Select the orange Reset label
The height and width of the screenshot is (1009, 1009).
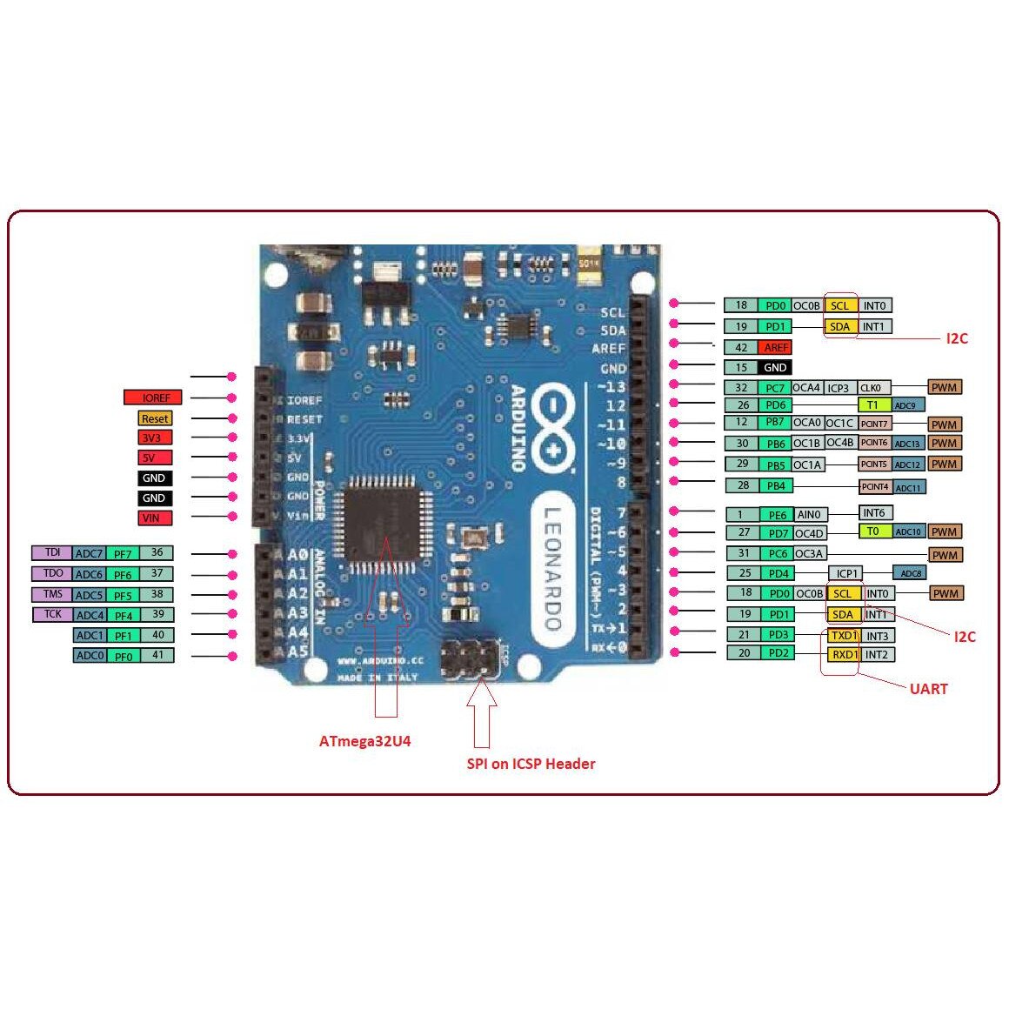pyautogui.click(x=155, y=418)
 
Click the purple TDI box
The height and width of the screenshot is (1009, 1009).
pyautogui.click(x=52, y=552)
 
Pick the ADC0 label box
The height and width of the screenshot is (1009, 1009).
pyautogui.click(x=89, y=655)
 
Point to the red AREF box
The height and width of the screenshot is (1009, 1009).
pyautogui.click(x=775, y=347)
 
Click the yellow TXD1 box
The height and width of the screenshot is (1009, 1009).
pyautogui.click(x=844, y=636)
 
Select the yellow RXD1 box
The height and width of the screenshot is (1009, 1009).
pyautogui.click(x=844, y=654)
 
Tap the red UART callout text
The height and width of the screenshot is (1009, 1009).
pyautogui.click(x=928, y=689)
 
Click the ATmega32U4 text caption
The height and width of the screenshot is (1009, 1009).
pyautogui.click(x=364, y=742)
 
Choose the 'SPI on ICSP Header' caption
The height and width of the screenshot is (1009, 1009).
pyautogui.click(x=531, y=764)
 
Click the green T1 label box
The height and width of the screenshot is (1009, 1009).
pyautogui.click(x=873, y=404)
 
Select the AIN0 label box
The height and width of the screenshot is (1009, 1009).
pyautogui.click(x=809, y=514)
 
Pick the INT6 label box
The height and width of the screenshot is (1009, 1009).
pyautogui.click(x=875, y=513)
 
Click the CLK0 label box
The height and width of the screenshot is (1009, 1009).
pyautogui.click(x=871, y=388)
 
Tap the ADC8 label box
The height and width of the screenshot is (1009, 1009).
pyautogui.click(x=912, y=573)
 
